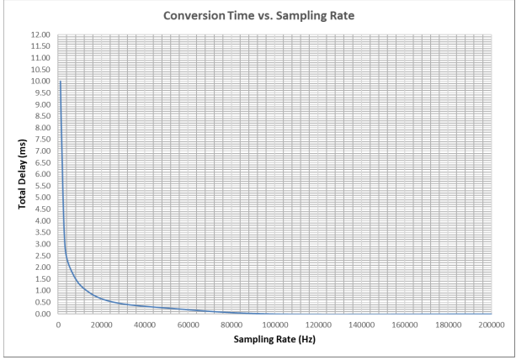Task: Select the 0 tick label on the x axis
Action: pyautogui.click(x=58, y=325)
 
